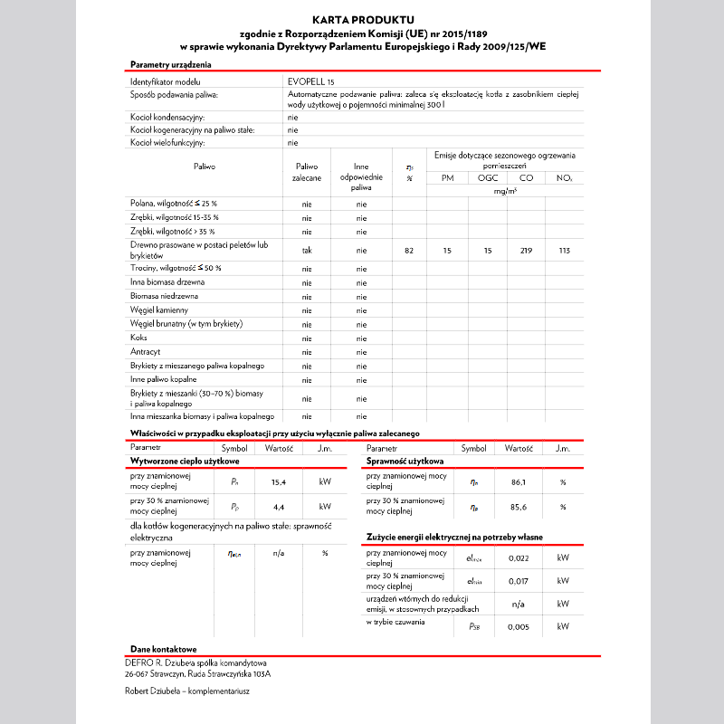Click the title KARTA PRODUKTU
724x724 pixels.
click(362, 19)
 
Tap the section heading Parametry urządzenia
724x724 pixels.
click(171, 64)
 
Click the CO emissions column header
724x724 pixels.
click(526, 178)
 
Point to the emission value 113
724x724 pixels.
click(565, 250)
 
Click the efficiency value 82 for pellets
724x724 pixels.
click(409, 250)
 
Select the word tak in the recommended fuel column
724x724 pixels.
click(307, 250)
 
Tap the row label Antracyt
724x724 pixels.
click(146, 351)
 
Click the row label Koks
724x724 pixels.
click(138, 338)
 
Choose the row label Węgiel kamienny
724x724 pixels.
click(159, 310)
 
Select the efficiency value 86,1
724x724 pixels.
click(519, 481)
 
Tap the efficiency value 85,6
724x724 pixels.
click(519, 506)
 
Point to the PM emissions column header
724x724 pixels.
click(447, 178)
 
